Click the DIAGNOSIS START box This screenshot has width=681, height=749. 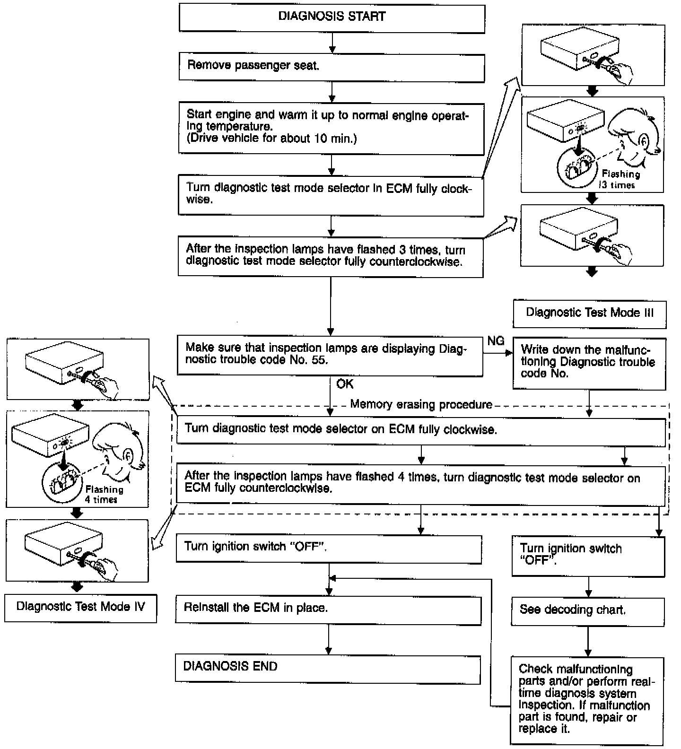[332, 18]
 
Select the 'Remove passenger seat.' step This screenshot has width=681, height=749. [332, 67]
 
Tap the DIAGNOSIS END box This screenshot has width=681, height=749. [328, 669]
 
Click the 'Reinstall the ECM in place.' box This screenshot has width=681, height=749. [328, 610]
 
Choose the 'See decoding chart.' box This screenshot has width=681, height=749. [588, 611]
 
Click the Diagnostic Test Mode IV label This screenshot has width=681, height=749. [80, 608]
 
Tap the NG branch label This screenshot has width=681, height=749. [496, 340]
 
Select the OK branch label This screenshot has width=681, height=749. [345, 383]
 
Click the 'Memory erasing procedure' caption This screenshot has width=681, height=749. [421, 405]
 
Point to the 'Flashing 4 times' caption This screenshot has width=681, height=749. [104, 494]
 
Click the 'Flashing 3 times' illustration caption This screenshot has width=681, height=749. [620, 180]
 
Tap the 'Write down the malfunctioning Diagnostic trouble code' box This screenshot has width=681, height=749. [589, 363]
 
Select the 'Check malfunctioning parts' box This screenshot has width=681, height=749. [587, 701]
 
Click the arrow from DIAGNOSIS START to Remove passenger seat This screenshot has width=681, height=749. [332, 43]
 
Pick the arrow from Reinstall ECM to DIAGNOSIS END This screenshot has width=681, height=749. [328, 640]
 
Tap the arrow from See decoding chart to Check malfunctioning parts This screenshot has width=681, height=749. [588, 642]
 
